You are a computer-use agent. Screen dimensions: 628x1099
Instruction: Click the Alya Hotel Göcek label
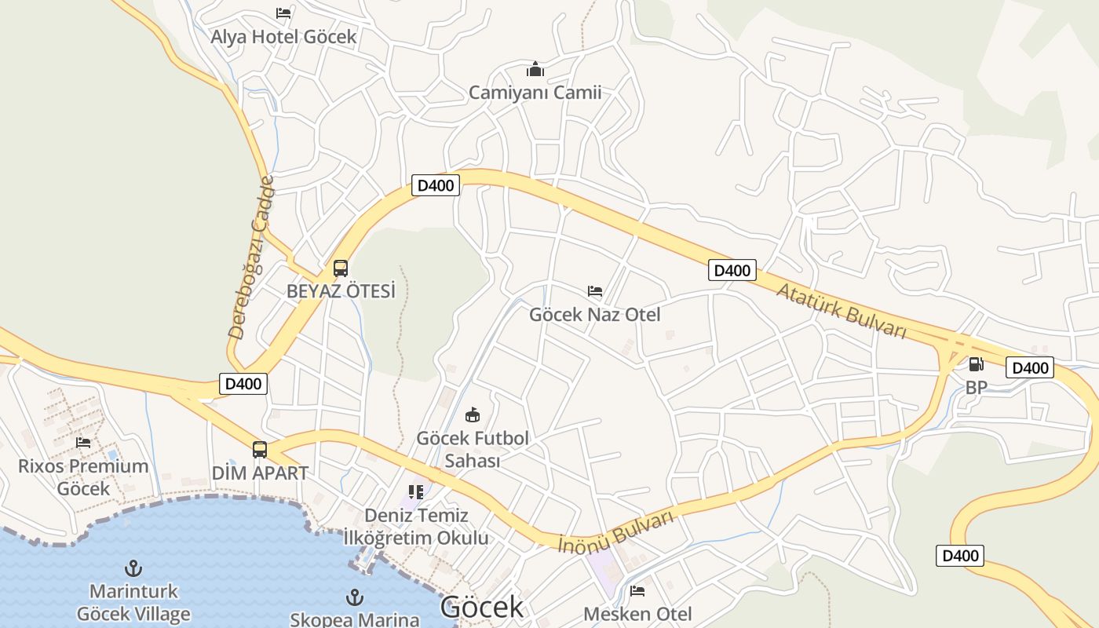283,36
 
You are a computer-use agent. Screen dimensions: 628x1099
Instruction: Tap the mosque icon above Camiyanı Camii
535,69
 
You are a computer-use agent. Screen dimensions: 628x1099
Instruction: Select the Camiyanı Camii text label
535,93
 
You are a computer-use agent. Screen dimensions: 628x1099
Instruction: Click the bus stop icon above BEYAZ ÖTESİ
341,268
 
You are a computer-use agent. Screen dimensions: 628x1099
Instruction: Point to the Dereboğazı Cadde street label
252,257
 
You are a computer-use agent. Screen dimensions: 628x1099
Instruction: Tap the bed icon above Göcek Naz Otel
595,291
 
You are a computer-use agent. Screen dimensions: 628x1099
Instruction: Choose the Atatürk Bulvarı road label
841,311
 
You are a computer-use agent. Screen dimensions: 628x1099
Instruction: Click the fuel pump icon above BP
976,363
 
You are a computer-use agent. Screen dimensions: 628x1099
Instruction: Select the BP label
976,387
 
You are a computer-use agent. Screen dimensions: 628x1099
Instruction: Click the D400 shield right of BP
1029,367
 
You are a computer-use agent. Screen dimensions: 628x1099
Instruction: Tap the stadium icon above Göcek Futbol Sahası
473,414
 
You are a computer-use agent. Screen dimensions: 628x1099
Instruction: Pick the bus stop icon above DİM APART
260,450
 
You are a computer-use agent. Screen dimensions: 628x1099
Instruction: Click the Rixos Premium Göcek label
83,476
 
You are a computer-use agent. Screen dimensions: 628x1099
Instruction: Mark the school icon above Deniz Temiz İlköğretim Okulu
416,492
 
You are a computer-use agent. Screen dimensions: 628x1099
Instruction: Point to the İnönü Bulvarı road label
616,532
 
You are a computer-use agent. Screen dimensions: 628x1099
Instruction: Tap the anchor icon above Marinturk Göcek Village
133,568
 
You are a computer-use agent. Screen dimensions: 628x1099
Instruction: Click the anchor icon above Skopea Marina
355,597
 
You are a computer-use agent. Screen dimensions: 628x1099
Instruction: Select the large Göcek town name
481,607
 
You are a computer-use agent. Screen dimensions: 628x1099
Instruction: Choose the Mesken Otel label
637,613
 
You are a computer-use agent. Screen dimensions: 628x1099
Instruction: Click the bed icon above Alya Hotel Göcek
283,13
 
